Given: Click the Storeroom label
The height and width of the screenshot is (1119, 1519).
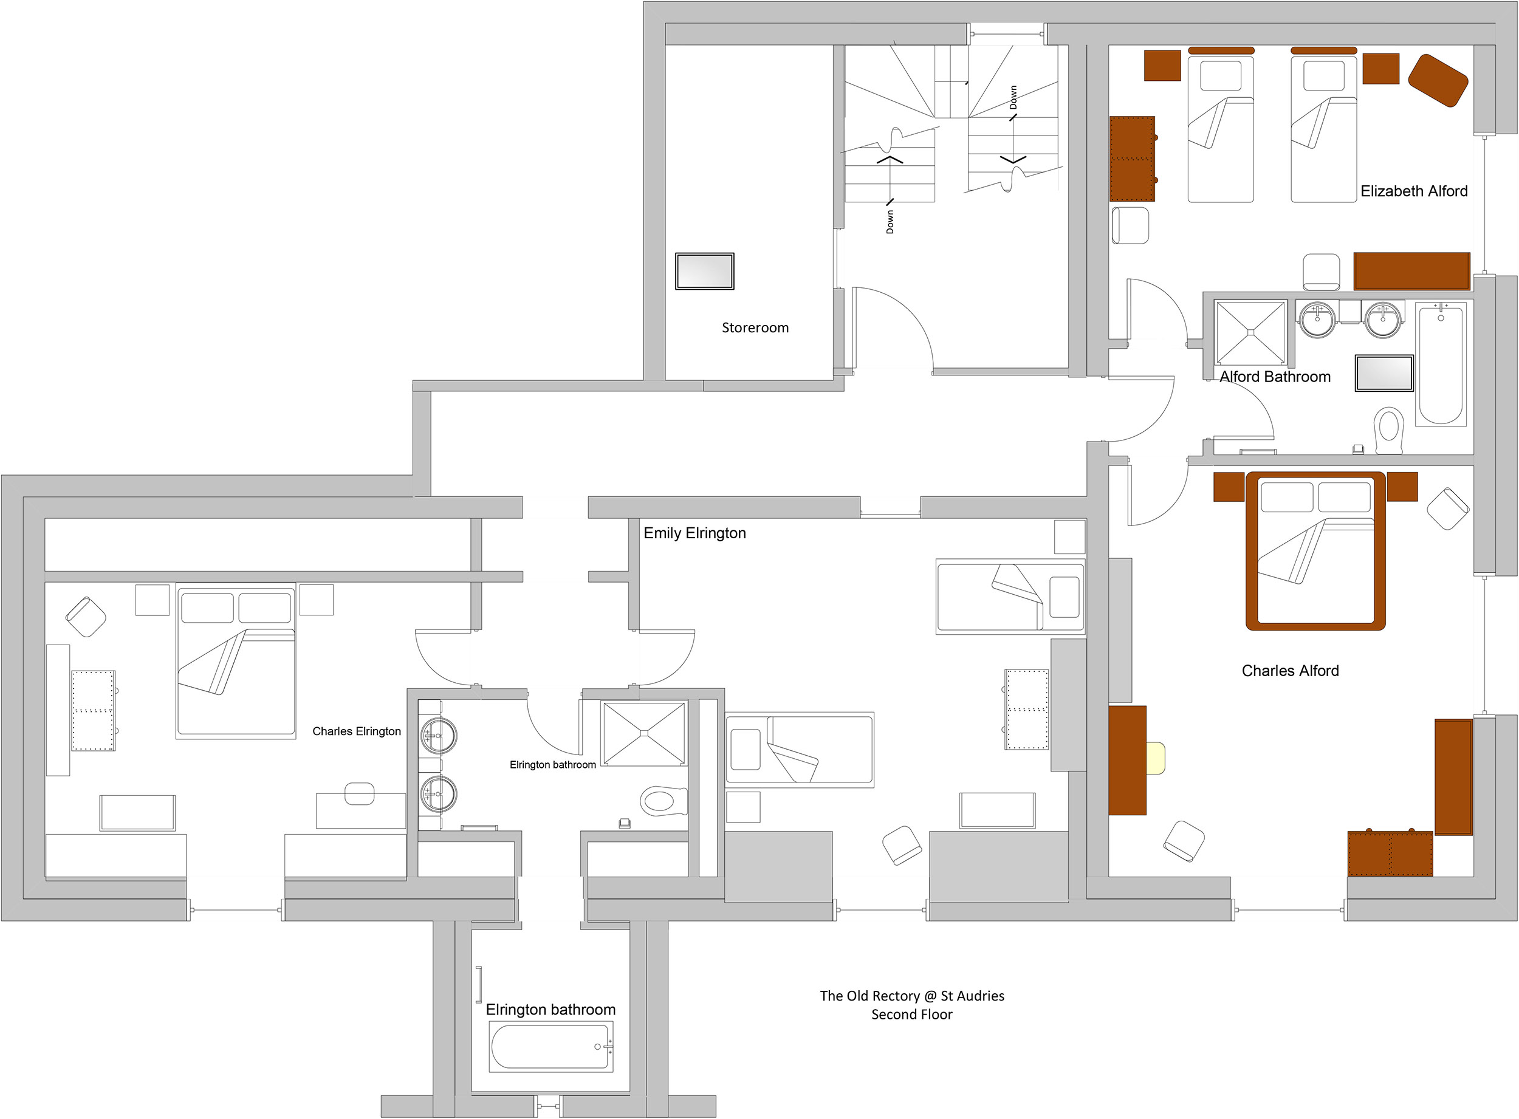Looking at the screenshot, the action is pyautogui.click(x=755, y=328).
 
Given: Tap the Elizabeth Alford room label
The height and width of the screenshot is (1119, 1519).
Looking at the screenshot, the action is pyautogui.click(x=1414, y=191).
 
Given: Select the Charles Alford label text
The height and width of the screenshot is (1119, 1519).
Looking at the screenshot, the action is pyautogui.click(x=1290, y=671).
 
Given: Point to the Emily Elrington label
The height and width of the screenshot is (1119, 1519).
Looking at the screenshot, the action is pyautogui.click(x=694, y=533).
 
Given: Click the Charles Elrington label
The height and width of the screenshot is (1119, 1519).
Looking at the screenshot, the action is pyautogui.click(x=357, y=731).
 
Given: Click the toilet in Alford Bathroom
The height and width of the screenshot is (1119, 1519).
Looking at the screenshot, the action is pyautogui.click(x=1389, y=430).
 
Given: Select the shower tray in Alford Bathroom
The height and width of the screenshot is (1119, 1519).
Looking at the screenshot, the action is pyautogui.click(x=1250, y=332).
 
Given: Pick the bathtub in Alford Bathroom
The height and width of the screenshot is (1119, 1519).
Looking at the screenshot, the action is pyautogui.click(x=1441, y=364).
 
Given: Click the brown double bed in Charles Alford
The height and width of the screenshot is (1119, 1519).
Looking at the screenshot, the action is pyautogui.click(x=1315, y=551).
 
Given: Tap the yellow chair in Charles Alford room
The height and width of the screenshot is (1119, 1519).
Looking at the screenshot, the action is pyautogui.click(x=1155, y=758).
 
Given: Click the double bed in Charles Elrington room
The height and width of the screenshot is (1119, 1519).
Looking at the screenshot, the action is pyautogui.click(x=236, y=661).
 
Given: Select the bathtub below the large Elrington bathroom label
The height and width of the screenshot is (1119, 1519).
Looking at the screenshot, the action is pyautogui.click(x=552, y=1047).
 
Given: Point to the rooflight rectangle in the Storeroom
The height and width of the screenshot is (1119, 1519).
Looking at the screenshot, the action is pyautogui.click(x=705, y=271).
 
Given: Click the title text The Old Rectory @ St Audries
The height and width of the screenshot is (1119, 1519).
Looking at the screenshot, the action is pyautogui.click(x=912, y=996).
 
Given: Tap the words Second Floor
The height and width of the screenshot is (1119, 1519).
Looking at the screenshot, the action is pyautogui.click(x=912, y=1015).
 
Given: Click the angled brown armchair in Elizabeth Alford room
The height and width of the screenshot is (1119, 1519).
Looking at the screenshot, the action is pyautogui.click(x=1438, y=81).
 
